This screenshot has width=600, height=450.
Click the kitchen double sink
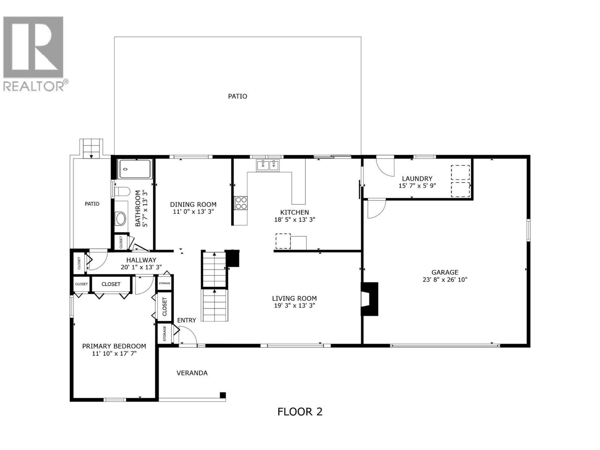[x=268, y=165]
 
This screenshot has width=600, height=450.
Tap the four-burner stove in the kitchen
[x=241, y=203]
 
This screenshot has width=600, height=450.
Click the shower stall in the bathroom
[x=135, y=169]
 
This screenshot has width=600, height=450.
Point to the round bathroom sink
[x=121, y=218]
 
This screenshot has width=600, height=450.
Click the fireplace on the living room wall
[x=369, y=299]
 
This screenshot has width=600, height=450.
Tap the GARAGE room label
[x=445, y=273]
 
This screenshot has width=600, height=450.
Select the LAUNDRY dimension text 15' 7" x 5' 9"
[x=417, y=186]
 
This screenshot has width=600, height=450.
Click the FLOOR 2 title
[x=300, y=412]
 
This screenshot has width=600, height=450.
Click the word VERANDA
[x=192, y=373]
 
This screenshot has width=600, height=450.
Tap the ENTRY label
[x=186, y=320]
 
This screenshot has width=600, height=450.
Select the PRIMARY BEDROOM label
[x=114, y=346]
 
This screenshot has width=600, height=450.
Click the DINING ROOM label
[x=193, y=204]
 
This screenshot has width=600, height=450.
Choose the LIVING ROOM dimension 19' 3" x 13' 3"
[x=294, y=305]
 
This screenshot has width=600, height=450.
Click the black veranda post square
[x=223, y=395]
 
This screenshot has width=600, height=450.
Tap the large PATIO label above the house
[x=238, y=96]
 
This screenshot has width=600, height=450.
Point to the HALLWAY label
[x=141, y=260]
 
